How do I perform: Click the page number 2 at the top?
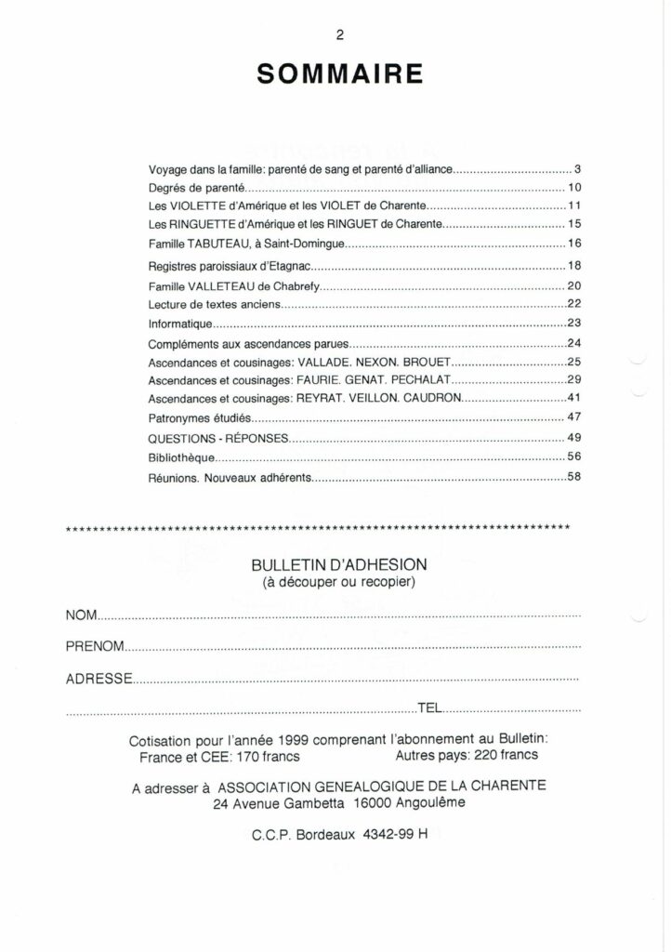click(x=340, y=35)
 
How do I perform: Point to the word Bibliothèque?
click(x=183, y=458)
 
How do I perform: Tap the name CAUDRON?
click(x=429, y=399)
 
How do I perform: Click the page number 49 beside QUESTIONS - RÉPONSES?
click(x=573, y=438)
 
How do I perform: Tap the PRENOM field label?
click(x=95, y=646)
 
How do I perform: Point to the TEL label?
click(x=430, y=708)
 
